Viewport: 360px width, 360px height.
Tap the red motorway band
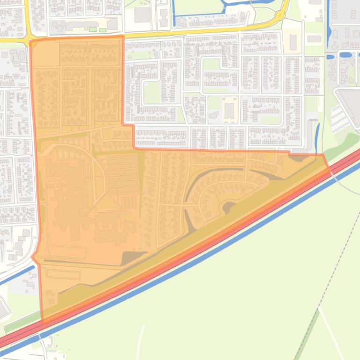click(x=187, y=255)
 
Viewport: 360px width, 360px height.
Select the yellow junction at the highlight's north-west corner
click(x=29, y=38)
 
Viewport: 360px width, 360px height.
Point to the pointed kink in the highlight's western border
click(x=32, y=257)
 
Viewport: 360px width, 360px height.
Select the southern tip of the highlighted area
click(x=43, y=322)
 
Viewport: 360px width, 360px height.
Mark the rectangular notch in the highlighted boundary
click(x=129, y=136)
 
